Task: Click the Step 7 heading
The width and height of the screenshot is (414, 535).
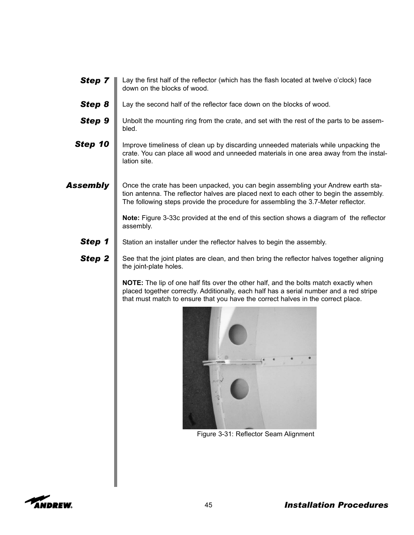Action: click(x=94, y=81)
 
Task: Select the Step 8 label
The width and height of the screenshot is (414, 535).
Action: click(x=94, y=104)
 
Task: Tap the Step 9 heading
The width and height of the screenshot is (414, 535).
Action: click(x=94, y=121)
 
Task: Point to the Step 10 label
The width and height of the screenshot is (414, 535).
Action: click(x=92, y=144)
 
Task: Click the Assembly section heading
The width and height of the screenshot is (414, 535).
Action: click(x=87, y=185)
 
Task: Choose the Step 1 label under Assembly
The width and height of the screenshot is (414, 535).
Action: click(x=94, y=242)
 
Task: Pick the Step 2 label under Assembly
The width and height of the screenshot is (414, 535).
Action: click(x=94, y=259)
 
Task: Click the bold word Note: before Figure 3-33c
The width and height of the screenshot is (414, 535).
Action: click(x=131, y=218)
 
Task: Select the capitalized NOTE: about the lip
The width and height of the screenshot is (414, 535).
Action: click(x=133, y=283)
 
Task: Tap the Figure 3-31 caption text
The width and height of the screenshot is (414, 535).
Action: click(x=255, y=434)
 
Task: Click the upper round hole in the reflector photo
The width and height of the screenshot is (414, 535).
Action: click(x=238, y=334)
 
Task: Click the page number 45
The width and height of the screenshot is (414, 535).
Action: click(x=208, y=505)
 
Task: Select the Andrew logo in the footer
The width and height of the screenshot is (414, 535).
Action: click(x=49, y=502)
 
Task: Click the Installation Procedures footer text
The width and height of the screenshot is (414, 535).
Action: click(x=336, y=505)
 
